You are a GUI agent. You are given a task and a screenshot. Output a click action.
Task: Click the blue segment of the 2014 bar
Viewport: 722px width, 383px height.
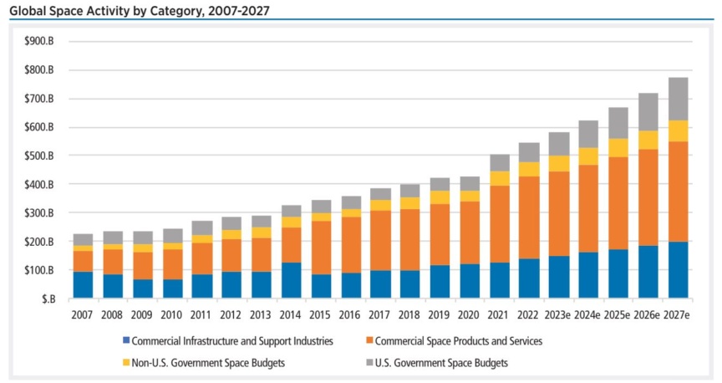(292, 280)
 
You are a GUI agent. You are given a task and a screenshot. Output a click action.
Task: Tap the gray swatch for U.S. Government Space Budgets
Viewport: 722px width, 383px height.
(369, 363)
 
